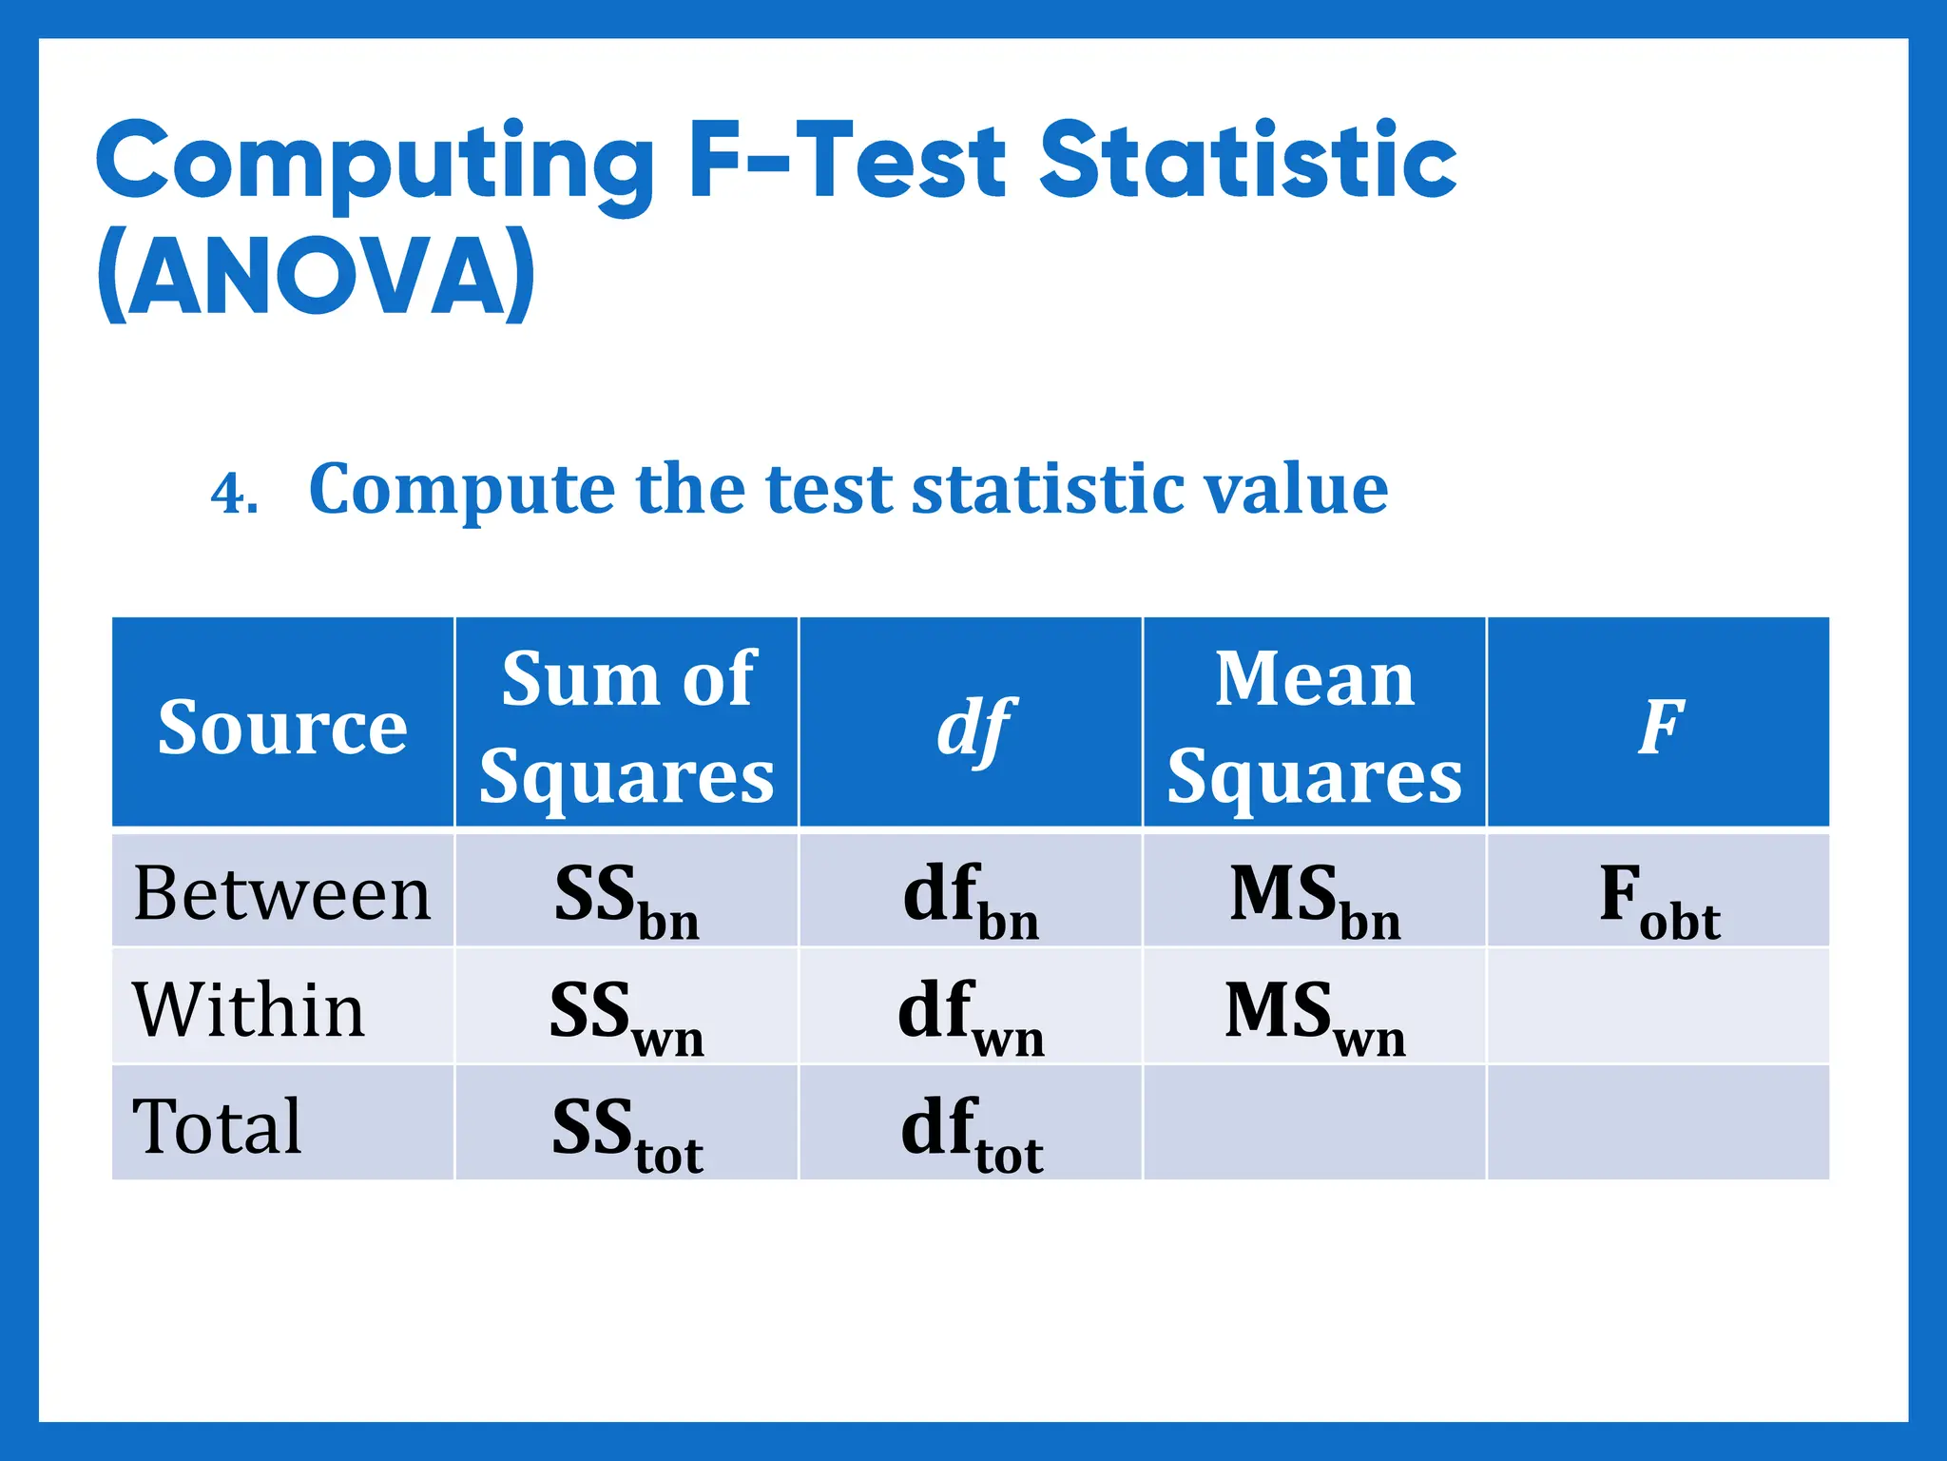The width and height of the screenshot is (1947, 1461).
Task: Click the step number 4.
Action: tap(233, 494)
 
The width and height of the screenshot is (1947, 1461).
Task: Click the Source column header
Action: tap(282, 727)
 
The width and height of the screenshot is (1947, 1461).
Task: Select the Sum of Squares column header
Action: tap(627, 727)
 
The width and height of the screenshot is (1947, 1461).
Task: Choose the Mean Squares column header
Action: tap(1314, 727)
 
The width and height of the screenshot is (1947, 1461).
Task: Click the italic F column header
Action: tap(1660, 727)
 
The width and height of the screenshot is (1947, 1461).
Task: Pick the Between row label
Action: tap(282, 894)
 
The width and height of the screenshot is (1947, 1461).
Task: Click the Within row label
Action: tap(249, 1010)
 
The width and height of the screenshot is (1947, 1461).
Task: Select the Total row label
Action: tap(218, 1126)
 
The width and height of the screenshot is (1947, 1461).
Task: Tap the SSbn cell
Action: tap(627, 900)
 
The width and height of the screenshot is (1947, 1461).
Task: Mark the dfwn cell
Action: tap(971, 1016)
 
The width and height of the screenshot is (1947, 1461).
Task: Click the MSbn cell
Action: tap(1315, 900)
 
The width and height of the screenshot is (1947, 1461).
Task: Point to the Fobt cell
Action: tap(1659, 900)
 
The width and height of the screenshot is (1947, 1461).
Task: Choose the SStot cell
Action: tap(627, 1132)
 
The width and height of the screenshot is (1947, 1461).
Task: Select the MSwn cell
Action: tap(1315, 1016)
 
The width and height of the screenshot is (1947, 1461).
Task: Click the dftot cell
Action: tap(972, 1132)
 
